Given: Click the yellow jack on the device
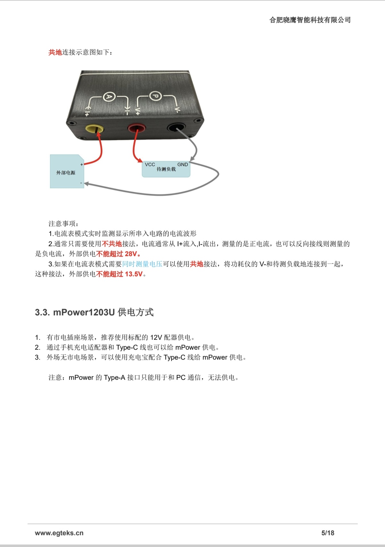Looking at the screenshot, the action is [x=95, y=128].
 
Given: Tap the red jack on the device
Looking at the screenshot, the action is [x=137, y=128].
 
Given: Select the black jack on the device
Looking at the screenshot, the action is [x=176, y=128].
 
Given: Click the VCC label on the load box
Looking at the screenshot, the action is [x=150, y=165].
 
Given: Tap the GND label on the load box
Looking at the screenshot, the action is [x=183, y=165].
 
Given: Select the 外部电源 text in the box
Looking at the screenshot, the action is [x=66, y=173].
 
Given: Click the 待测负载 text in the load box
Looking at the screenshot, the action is [x=166, y=169].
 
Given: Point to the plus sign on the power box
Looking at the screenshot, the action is [x=81, y=165].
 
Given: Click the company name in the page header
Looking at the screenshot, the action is [x=310, y=20].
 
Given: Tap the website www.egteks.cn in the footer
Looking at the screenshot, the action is [x=59, y=533].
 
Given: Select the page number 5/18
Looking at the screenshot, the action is [x=328, y=533].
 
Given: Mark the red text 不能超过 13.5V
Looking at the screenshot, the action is [x=119, y=274].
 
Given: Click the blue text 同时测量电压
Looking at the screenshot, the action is [x=142, y=264].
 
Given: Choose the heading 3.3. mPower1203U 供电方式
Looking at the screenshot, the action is [x=94, y=312].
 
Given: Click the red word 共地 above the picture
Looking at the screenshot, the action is [x=55, y=52].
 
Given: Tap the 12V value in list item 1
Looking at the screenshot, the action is [x=156, y=337].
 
